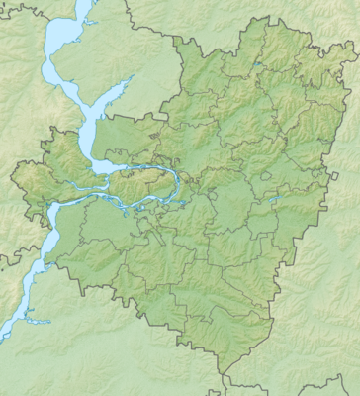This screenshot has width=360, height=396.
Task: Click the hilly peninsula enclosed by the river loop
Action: tap(138, 182)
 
